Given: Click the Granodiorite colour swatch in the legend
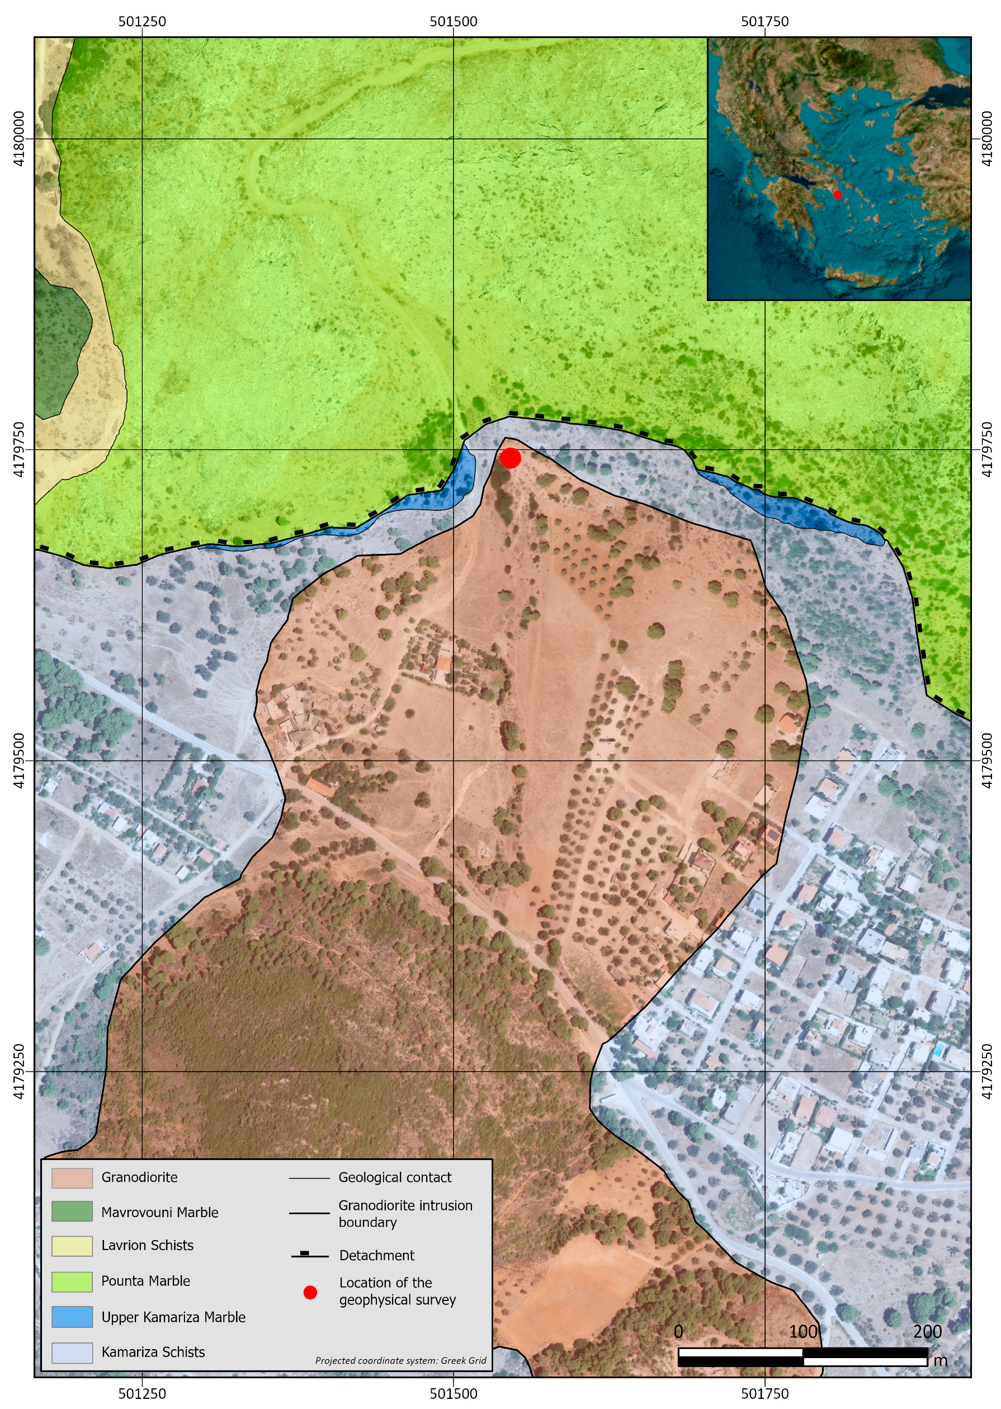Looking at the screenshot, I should (x=72, y=1178).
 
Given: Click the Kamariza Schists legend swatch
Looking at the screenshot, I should (x=72, y=1352).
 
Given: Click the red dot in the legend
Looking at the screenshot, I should (x=310, y=1293).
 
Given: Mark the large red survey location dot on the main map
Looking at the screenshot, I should (x=511, y=458).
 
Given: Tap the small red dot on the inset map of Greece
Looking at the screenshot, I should (x=838, y=194).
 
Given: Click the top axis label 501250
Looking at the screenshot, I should (x=143, y=22).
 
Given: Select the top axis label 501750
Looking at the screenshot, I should (x=765, y=22).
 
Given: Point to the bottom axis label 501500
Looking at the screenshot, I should (x=454, y=1393).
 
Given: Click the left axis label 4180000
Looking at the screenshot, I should (x=19, y=139).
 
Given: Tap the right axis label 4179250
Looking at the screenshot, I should (x=987, y=1072).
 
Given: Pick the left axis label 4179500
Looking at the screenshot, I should (x=19, y=760).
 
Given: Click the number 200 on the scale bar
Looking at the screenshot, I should (x=927, y=1331).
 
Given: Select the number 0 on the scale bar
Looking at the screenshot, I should (x=679, y=1331).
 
